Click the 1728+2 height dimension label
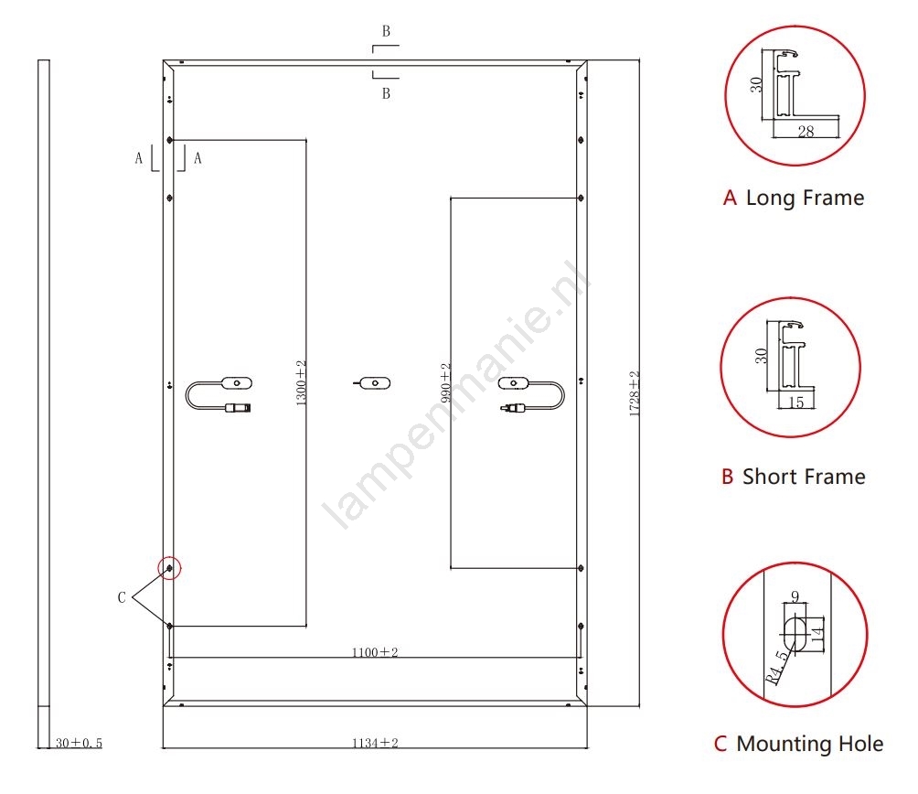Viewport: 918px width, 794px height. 635,393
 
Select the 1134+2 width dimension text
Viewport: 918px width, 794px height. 375,743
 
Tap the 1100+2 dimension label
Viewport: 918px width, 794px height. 375,652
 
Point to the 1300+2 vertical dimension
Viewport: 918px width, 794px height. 301,383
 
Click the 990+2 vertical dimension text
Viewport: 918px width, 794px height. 445,383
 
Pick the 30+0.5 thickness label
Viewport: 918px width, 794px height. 79,743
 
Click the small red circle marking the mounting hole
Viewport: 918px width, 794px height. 170,568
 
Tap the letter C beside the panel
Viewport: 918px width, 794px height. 122,597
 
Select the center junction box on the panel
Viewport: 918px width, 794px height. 375,383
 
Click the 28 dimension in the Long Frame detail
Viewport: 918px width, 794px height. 806,131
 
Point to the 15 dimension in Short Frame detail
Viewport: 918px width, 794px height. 795,402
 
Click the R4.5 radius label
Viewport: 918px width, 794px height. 777,668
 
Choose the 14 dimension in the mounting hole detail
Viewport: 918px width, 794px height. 818,633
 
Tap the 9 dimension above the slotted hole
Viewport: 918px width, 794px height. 795,596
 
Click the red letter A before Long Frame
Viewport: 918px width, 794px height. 730,198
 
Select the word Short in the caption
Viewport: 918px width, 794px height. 767,477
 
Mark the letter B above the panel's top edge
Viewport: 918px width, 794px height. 386,31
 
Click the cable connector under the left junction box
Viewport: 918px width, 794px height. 239,408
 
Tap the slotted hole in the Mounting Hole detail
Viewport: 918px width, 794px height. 795,633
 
